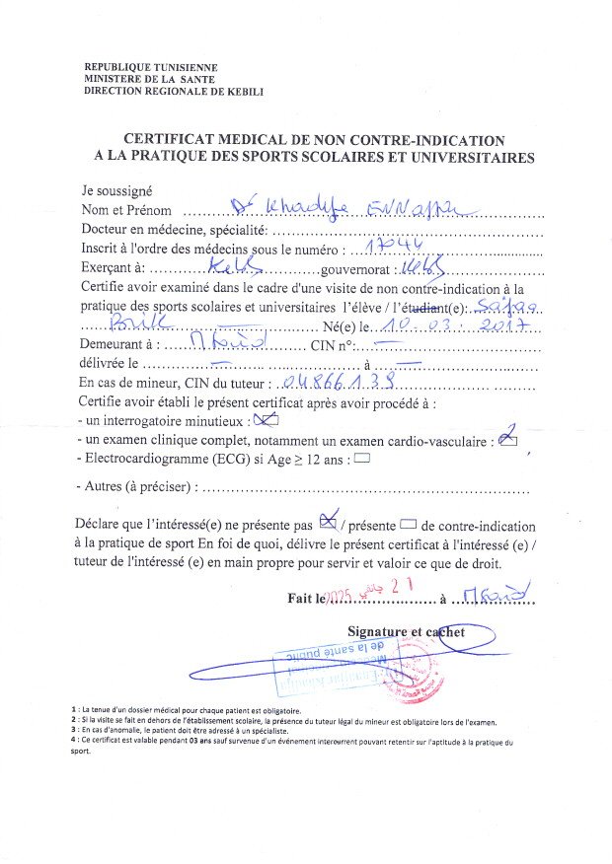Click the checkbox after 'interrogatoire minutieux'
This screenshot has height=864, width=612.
click(266, 420)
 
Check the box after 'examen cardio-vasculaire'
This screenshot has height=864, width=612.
click(508, 438)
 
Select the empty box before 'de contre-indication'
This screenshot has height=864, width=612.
click(410, 525)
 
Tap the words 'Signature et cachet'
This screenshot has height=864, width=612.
click(406, 630)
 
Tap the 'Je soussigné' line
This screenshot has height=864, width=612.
click(116, 191)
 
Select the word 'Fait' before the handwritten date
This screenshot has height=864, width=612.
click(302, 597)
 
